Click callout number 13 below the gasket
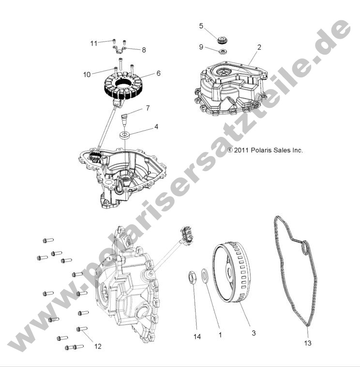(308, 343)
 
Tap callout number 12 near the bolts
(98, 346)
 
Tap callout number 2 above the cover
(259, 47)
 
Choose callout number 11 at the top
(94, 43)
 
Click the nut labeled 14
(192, 279)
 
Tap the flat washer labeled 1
(205, 277)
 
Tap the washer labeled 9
(223, 50)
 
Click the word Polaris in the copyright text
(262, 150)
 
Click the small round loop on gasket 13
(304, 248)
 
